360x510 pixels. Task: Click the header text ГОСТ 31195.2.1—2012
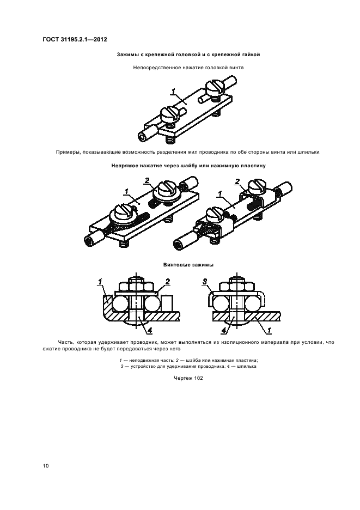tap(75, 40)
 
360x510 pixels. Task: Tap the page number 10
tap(46, 466)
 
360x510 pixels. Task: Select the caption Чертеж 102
tap(188, 378)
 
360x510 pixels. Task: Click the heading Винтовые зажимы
tap(188, 265)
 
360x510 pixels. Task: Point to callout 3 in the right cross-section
tap(205, 281)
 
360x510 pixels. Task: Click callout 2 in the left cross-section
tap(168, 281)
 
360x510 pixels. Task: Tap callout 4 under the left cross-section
tap(150, 330)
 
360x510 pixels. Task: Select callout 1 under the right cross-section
tap(269, 330)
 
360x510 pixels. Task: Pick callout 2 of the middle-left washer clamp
tap(147, 180)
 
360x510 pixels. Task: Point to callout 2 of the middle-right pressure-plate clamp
tap(237, 181)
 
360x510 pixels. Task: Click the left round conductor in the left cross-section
tap(119, 304)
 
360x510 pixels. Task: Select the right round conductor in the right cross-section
tap(254, 304)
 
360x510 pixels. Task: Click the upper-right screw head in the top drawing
tap(215, 87)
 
